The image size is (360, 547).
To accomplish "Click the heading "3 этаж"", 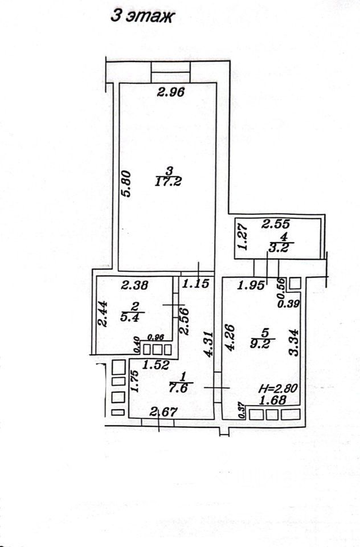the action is click(142, 17).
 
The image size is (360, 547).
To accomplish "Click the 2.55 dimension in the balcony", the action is click(275, 224).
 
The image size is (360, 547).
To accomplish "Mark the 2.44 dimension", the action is click(102, 313).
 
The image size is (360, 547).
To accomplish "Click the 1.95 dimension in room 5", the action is click(251, 285).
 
